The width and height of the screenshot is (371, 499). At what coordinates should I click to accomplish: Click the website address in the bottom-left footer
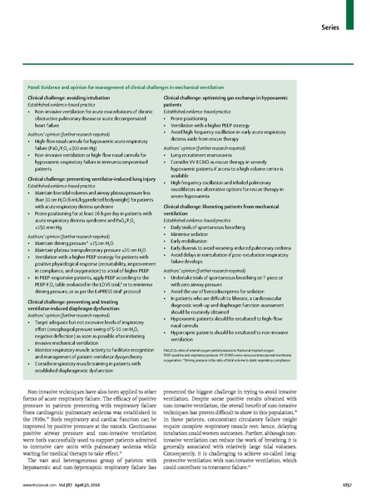click(x=37, y=485)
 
